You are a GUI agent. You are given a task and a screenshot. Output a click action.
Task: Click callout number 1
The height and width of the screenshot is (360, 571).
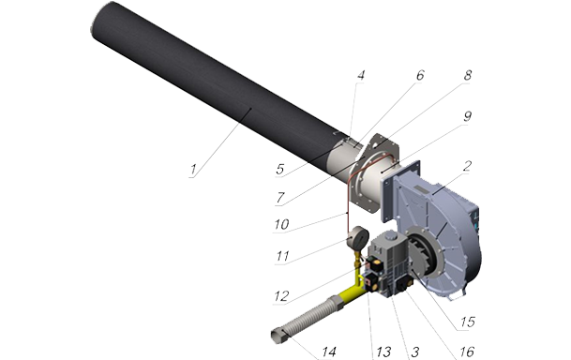[193, 170]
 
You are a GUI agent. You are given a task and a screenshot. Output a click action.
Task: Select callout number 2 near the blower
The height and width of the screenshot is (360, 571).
[468, 166]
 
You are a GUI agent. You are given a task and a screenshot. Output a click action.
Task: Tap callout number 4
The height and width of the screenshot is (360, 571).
[361, 75]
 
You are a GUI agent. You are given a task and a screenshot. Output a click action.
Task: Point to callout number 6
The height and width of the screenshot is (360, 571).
[420, 75]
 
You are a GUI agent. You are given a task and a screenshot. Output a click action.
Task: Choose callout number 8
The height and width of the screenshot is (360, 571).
[468, 75]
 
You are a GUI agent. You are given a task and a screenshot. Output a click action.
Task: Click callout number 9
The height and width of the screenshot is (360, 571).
[468, 116]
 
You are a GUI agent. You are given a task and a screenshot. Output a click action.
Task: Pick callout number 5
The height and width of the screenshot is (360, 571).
[280, 170]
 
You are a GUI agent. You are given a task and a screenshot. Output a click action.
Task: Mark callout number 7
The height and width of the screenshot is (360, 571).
[280, 198]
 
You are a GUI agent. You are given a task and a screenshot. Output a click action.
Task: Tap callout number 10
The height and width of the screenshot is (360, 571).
[281, 224]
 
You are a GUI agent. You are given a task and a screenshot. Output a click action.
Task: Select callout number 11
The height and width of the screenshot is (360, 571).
[282, 256]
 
